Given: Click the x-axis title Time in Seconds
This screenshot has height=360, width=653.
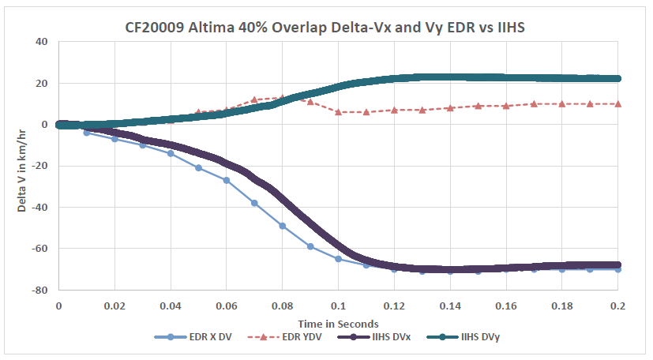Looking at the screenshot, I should click(x=338, y=324).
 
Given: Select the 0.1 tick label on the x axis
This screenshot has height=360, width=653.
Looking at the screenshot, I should click(x=338, y=304).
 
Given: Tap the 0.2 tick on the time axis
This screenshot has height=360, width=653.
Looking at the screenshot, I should click(x=617, y=304).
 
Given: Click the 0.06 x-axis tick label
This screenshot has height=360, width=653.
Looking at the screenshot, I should click(x=226, y=304).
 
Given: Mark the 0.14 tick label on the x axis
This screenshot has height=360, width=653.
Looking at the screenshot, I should click(x=450, y=304).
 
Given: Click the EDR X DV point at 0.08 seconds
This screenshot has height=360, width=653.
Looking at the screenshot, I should click(x=282, y=226).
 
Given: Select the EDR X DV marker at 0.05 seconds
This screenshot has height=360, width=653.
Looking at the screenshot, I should click(x=198, y=167).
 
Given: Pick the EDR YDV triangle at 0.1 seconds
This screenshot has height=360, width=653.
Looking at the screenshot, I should click(x=338, y=112).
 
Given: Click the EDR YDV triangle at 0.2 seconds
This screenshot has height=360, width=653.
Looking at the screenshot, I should click(x=617, y=103).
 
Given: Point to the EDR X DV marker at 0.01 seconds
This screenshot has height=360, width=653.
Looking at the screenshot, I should click(x=86, y=133).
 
